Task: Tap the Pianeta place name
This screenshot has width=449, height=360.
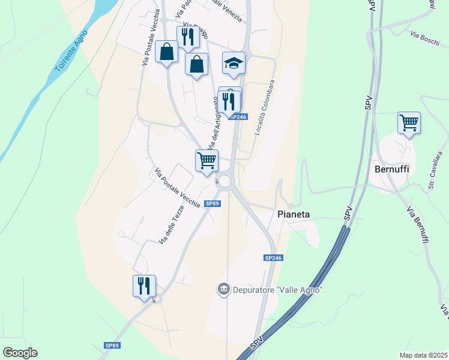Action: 294,214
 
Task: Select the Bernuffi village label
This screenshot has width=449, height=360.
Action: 391,169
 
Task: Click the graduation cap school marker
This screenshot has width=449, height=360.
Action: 234,63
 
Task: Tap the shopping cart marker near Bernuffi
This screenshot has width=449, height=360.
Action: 409,122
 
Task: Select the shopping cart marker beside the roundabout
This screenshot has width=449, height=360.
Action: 206,161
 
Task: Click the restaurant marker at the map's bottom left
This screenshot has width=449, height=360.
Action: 144,286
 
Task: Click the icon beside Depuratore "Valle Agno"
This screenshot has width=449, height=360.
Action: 223,290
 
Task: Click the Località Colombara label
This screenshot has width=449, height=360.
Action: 264,108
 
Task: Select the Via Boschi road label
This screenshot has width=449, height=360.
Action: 426,37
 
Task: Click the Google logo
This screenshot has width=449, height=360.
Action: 20,352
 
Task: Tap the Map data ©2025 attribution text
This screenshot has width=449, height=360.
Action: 423,355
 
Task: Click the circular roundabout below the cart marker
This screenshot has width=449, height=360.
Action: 226,181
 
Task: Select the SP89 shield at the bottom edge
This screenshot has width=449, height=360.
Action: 112,346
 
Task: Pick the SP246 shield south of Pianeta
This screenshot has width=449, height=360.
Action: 273,257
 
